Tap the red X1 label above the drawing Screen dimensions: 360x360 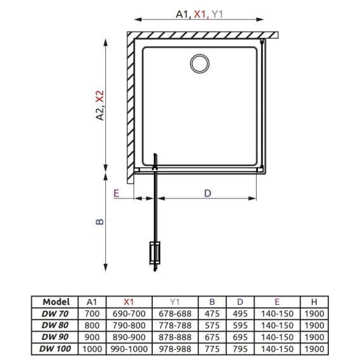coord(200,14)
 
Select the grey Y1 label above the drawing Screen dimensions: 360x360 coord(217,14)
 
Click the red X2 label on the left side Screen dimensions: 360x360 coord(100,96)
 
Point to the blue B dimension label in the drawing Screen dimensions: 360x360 coord(100,222)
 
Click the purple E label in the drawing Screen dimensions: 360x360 coord(116,193)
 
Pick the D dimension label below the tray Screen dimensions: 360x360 coord(207,193)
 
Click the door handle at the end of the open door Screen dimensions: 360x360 coord(155,252)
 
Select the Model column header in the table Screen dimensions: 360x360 coord(56,302)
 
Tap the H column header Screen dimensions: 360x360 coord(314,302)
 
